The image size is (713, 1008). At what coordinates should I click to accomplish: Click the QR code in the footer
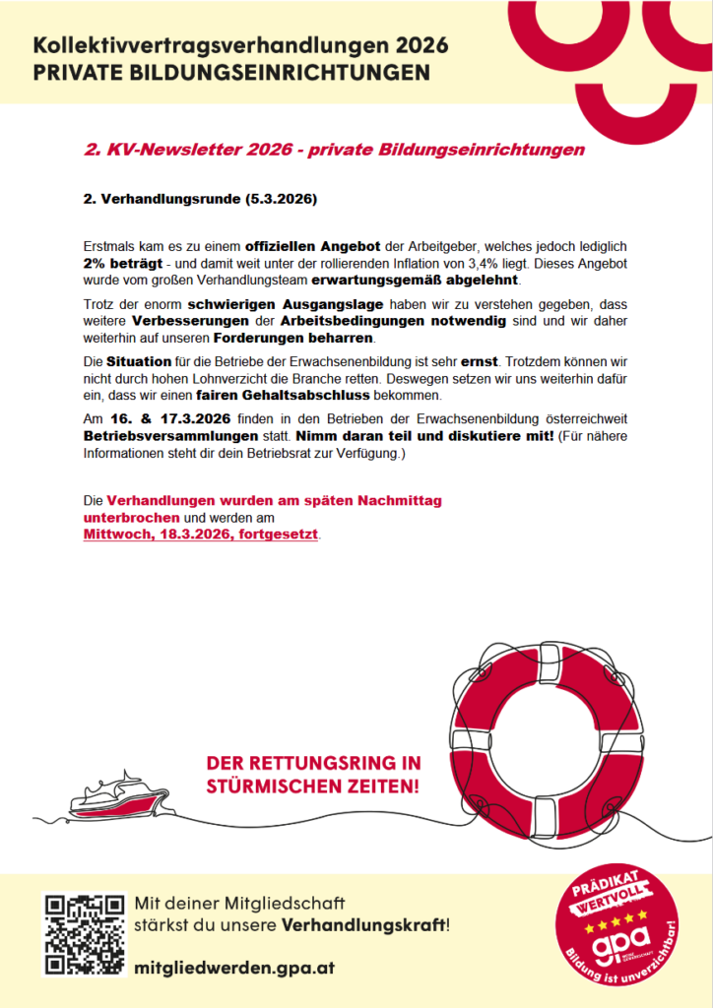point(84,934)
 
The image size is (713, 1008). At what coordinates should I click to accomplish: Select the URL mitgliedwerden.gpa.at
point(234,968)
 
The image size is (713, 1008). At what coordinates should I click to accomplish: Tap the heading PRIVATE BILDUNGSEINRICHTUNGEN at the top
point(231,73)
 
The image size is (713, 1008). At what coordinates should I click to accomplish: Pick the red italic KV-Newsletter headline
point(335,151)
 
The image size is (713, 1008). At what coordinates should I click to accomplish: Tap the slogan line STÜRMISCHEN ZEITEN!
point(313,787)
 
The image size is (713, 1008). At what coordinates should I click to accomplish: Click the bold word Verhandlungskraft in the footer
point(362,925)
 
